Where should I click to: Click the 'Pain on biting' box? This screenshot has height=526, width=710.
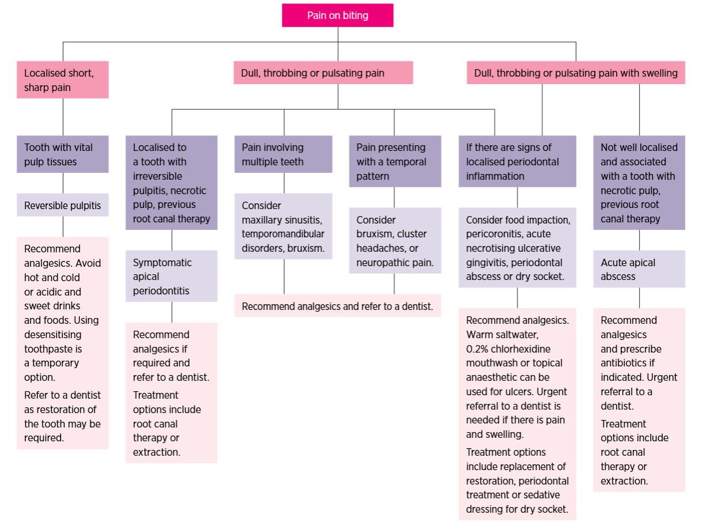(x=338, y=16)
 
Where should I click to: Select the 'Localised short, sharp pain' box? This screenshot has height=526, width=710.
(x=62, y=80)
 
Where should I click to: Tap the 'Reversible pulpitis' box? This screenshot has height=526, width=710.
(x=62, y=205)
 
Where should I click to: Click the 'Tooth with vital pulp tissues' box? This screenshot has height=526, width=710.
(x=62, y=154)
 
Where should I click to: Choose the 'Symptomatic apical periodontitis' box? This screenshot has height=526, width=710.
(x=171, y=276)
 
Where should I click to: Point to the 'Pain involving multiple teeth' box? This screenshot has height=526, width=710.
(x=283, y=154)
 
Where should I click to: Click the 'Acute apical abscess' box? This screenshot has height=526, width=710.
(x=639, y=269)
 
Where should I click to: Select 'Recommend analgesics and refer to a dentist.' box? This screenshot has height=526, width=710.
(x=337, y=306)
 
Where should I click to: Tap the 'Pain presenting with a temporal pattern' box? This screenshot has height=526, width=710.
(x=394, y=161)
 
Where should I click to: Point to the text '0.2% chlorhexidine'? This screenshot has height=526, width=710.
(x=508, y=349)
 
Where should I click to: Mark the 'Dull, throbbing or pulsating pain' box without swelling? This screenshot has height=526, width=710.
(x=323, y=73)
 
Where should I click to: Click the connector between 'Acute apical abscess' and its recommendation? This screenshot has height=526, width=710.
(x=639, y=297)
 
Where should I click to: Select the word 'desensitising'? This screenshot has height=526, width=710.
(x=52, y=334)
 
